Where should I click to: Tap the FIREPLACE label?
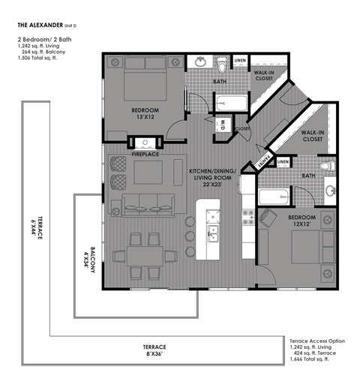pyautogui.click(x=145, y=154)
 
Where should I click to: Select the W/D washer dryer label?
pyautogui.click(x=222, y=125)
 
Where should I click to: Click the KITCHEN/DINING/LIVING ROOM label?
pyautogui.click(x=214, y=178)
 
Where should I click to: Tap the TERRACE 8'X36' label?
pyautogui.click(x=154, y=347)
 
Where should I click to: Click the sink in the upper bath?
pyautogui.click(x=201, y=62)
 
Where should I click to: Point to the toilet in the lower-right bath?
pyautogui.click(x=325, y=167)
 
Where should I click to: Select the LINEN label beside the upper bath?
pyautogui.click(x=240, y=59)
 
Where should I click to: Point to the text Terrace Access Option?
pyautogui.click(x=316, y=341)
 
